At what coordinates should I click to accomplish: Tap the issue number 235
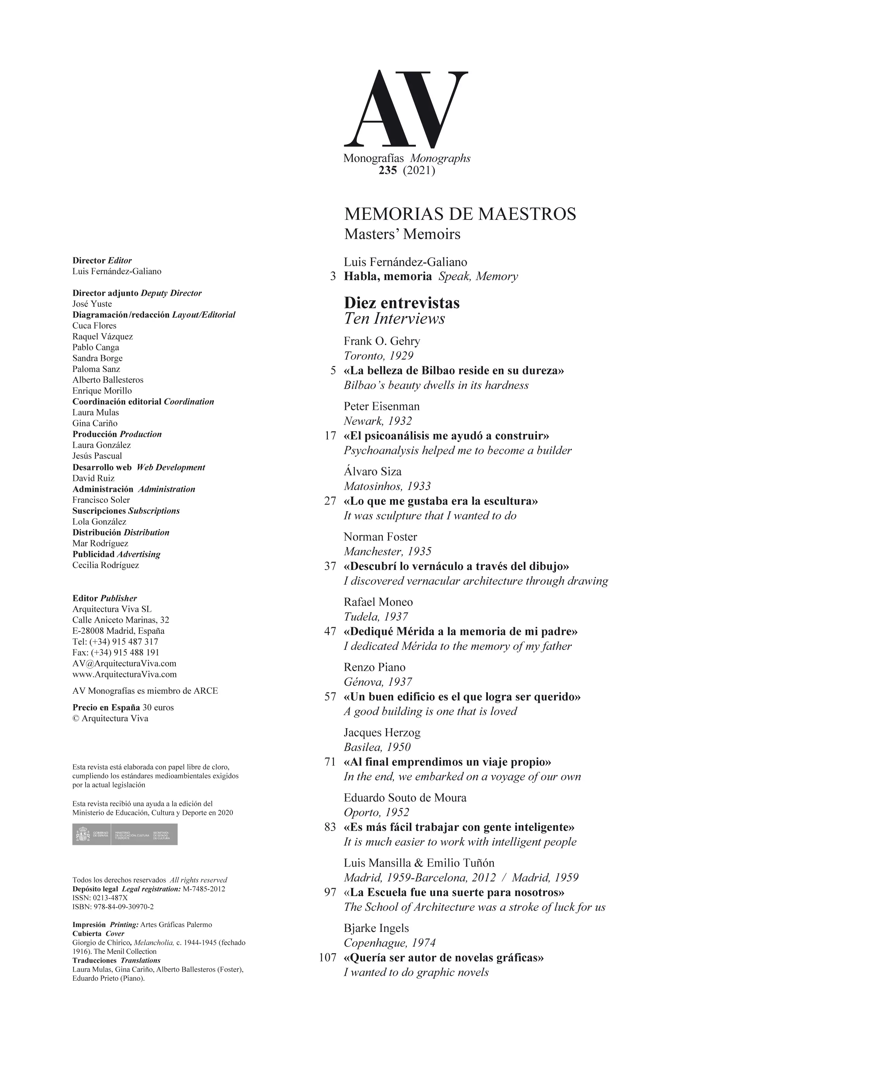(388, 171)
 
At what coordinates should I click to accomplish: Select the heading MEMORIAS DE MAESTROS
(460, 214)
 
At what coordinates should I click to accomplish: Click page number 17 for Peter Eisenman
(330, 436)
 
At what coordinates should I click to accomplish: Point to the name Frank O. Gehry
(382, 341)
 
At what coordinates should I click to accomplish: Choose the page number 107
(327, 958)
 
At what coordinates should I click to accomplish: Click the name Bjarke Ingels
(376, 928)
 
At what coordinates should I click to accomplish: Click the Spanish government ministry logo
(125, 834)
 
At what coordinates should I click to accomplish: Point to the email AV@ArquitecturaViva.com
(124, 663)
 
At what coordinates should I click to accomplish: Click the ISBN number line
(113, 907)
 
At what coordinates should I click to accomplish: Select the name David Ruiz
(93, 478)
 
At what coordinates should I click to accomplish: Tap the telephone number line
(115, 642)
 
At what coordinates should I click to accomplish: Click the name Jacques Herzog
(382, 733)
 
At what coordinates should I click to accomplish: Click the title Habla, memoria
(388, 276)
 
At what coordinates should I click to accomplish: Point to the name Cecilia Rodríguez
(106, 565)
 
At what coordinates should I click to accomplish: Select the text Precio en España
(106, 708)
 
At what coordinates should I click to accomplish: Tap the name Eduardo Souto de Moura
(405, 797)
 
